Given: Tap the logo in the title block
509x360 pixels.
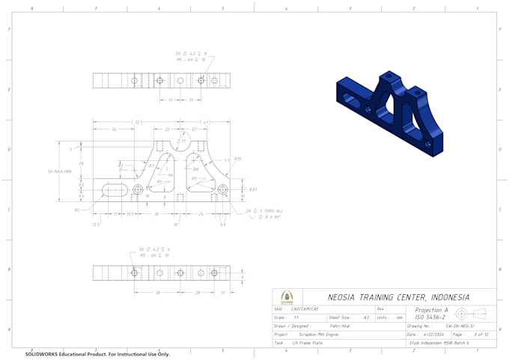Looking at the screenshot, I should point(287,297).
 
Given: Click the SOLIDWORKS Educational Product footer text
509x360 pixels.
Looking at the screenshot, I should point(97,354).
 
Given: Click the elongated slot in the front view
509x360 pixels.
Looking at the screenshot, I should point(113,190).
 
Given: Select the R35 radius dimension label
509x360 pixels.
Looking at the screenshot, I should point(237,159).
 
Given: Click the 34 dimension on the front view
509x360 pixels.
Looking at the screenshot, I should point(113,129).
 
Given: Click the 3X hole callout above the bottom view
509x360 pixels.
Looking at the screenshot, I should point(156,251).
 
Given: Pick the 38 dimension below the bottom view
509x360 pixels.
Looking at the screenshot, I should point(158,293).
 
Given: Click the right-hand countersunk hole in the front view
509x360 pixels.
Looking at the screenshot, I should point(222,190).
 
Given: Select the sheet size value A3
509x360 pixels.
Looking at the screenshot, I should point(366,317).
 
